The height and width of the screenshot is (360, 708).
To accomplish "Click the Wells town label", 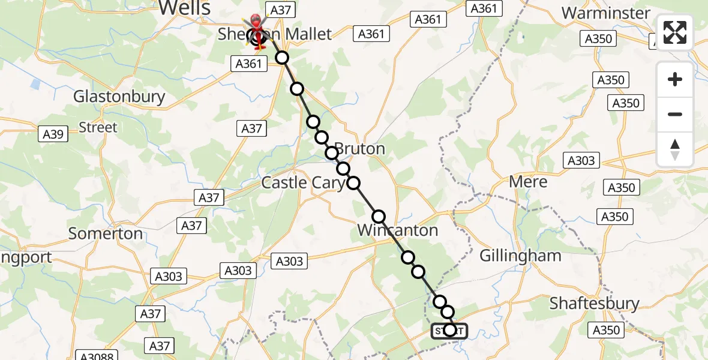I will pos(185,8).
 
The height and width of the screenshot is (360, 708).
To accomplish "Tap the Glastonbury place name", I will pos(119,97).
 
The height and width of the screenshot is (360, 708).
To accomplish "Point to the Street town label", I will pos(98,127).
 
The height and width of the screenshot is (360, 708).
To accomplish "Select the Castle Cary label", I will pos(302,182).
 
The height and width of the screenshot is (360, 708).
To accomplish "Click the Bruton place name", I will pos(359,149).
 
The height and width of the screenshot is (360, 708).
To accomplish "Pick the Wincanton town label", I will pos(397,230).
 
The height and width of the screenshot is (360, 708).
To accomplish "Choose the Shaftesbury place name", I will pos(595,304).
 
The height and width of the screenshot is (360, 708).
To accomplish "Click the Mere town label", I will pos(528,182).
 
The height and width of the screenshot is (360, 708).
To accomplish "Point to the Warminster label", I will pos(605,13).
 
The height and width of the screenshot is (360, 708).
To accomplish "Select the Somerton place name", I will pos(106,233).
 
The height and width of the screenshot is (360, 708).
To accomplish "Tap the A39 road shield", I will pos(53,134).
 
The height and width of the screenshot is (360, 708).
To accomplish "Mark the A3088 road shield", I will pos(97,355).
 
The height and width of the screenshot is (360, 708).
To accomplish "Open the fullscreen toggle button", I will pos(675,32).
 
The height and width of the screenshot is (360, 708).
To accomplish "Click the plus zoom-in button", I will pos(675,79).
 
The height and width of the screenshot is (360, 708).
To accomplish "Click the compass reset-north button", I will pos(675,149).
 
